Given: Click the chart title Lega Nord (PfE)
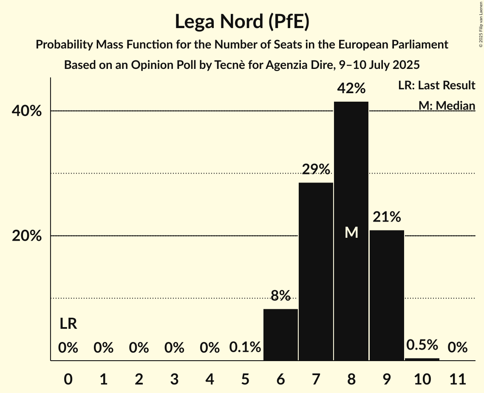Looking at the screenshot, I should click(x=242, y=22).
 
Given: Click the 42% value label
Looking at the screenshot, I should click(x=351, y=88).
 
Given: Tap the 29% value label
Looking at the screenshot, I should click(x=316, y=169).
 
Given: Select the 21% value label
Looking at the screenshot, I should click(x=387, y=217).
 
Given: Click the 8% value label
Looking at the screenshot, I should click(x=280, y=295).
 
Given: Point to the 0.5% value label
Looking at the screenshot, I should click(x=422, y=345).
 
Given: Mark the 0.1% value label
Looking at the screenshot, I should click(x=245, y=347).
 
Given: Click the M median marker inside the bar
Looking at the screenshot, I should click(x=351, y=232).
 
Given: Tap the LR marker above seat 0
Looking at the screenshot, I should click(x=68, y=324).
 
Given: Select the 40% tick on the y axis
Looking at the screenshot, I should click(x=27, y=111).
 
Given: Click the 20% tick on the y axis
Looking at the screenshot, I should click(x=27, y=236).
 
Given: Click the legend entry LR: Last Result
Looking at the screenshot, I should click(x=436, y=85).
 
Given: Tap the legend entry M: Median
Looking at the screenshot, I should click(x=447, y=105).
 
